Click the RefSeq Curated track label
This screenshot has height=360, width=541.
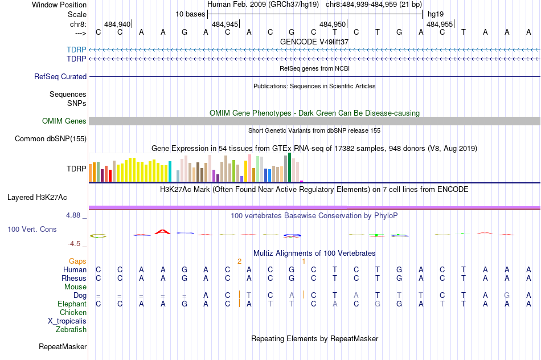tap(60, 76)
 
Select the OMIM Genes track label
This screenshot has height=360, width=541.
tap(64, 121)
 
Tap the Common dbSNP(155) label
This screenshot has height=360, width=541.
tap(51, 138)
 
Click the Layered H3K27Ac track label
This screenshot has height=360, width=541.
tap(37, 198)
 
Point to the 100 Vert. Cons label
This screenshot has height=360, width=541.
tap(31, 229)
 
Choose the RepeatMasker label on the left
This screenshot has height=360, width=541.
tap(63, 346)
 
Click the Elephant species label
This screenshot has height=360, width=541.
tap(72, 304)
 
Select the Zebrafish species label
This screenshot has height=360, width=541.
tap(71, 329)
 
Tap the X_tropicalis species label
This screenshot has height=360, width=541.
tap(67, 321)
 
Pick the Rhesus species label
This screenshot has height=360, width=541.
tap(74, 278)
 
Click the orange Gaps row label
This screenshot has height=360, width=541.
tap(77, 261)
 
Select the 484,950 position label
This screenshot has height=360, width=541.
tap(333, 24)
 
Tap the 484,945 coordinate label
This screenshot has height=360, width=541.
tap(224, 24)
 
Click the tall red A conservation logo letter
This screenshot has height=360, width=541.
tap(163, 231)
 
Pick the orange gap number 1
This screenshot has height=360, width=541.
tap(304, 261)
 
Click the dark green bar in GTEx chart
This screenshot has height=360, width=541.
tap(290, 167)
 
